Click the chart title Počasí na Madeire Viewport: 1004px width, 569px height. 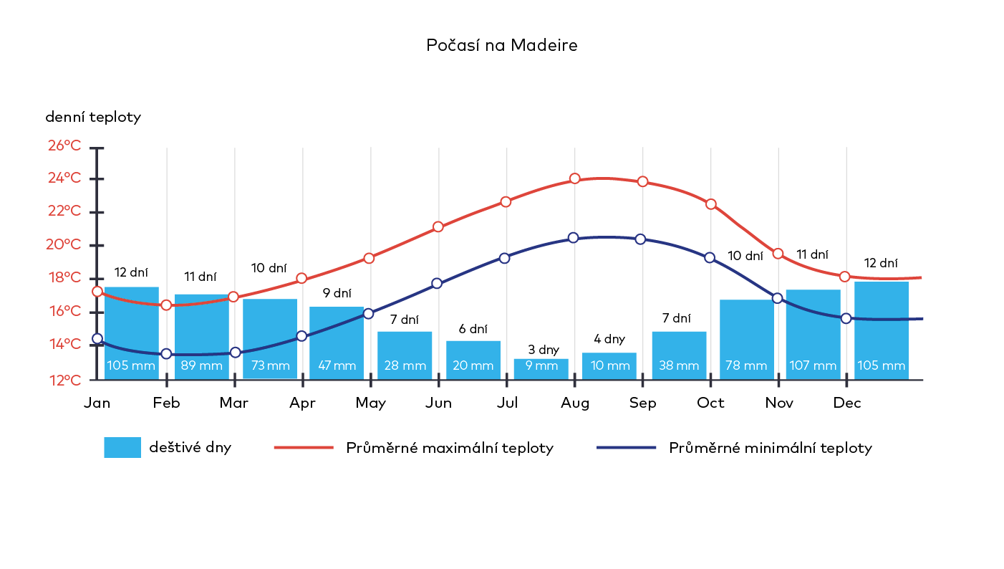click(x=501, y=45)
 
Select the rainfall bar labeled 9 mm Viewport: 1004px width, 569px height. click(x=541, y=368)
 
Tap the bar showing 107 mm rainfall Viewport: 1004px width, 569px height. click(x=813, y=334)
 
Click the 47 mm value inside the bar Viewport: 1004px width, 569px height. click(x=337, y=365)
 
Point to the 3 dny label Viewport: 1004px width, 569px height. click(x=543, y=350)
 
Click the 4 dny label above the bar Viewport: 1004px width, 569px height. click(x=609, y=339)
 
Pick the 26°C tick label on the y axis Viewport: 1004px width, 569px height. click(x=64, y=145)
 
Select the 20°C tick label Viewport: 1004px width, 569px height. click(x=64, y=244)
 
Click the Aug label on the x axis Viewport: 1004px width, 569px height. click(x=575, y=403)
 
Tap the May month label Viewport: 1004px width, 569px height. click(x=370, y=403)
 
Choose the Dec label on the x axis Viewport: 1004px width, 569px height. click(x=846, y=403)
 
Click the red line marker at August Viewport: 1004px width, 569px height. click(x=574, y=178)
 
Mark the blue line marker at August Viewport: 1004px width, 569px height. click(x=573, y=238)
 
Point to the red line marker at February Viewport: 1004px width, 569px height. click(x=166, y=305)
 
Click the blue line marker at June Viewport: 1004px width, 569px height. click(x=437, y=284)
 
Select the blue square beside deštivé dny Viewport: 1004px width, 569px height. click(x=122, y=447)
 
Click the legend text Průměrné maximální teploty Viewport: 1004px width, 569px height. click(x=450, y=449)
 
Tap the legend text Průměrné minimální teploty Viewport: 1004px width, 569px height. click(x=770, y=449)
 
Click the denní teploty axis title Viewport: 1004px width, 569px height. click(x=93, y=117)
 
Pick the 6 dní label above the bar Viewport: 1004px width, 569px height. click(x=473, y=329)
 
